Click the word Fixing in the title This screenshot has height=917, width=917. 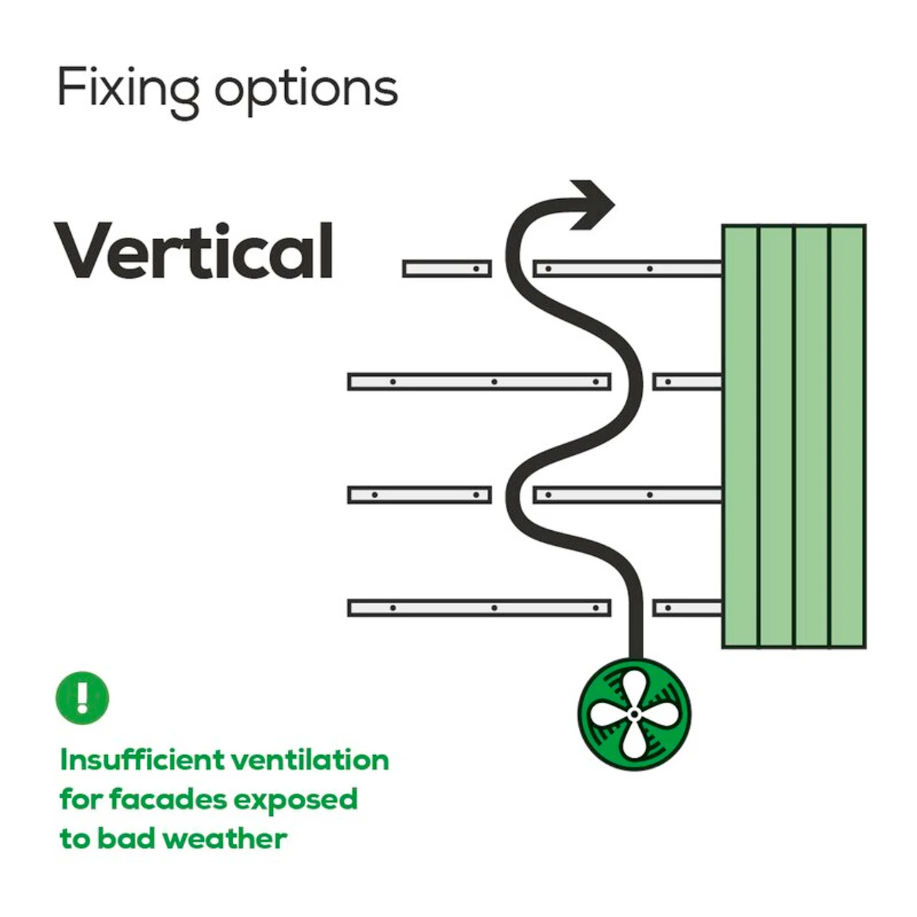[128, 89]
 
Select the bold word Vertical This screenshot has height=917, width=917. [194, 250]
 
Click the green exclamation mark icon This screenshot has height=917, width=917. [82, 697]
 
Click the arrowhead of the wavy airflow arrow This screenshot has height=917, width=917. [593, 204]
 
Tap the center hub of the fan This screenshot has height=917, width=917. [634, 714]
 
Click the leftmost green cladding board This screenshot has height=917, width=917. [741, 437]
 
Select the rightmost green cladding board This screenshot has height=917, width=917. [848, 437]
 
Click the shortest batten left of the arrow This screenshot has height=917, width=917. [447, 269]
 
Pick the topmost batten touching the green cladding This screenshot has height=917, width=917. [628, 269]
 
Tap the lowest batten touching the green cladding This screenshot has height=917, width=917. [687, 608]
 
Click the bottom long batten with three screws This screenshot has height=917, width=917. [479, 608]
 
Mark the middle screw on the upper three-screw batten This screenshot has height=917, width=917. [494, 382]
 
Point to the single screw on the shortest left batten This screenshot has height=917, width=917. [476, 269]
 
